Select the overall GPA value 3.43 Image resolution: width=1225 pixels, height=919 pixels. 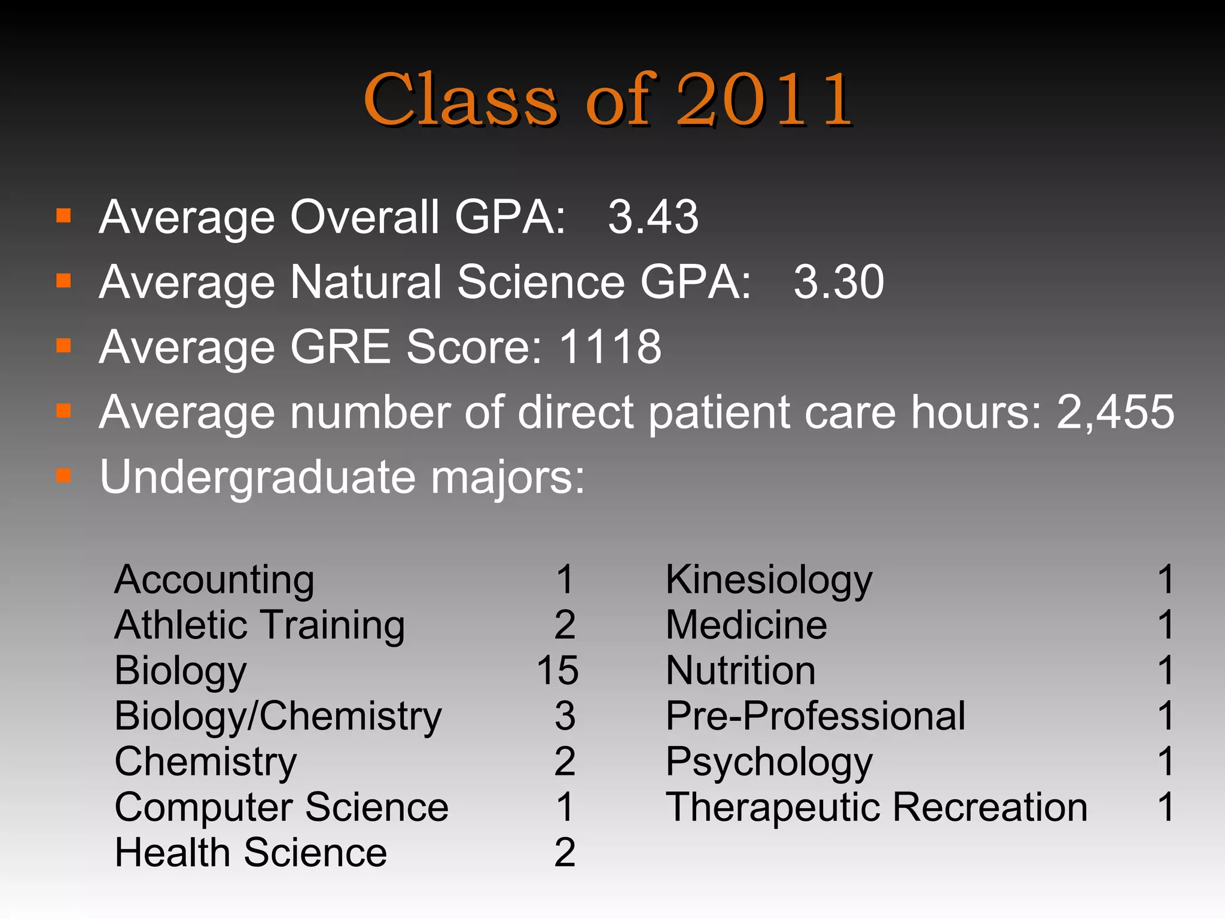click(x=653, y=217)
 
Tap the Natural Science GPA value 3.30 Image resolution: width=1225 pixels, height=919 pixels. click(x=839, y=282)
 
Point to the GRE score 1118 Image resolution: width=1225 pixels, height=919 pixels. click(x=610, y=347)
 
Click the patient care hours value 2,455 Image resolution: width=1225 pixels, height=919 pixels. click(x=1116, y=412)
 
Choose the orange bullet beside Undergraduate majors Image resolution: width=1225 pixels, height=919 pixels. click(x=63, y=476)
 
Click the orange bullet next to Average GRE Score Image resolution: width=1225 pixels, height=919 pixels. click(x=63, y=346)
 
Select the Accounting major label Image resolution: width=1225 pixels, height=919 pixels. click(x=214, y=580)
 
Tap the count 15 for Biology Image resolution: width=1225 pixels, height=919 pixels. click(x=557, y=671)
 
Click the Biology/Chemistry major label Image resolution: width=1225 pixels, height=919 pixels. click(x=278, y=717)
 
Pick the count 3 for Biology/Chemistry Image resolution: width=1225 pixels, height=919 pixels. click(x=565, y=716)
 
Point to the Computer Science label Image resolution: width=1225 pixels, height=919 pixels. click(x=281, y=808)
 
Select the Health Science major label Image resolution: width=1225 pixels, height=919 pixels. click(x=251, y=853)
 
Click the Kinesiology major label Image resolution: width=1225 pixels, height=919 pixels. click(x=769, y=580)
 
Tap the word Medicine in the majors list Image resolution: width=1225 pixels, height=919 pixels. click(x=746, y=625)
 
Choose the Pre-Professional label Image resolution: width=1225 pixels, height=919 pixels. click(x=815, y=716)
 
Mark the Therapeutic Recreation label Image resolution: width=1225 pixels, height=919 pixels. click(x=876, y=808)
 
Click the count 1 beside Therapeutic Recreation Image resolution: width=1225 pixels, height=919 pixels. click(x=1166, y=808)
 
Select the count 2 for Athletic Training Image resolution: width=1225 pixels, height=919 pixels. click(x=565, y=625)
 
